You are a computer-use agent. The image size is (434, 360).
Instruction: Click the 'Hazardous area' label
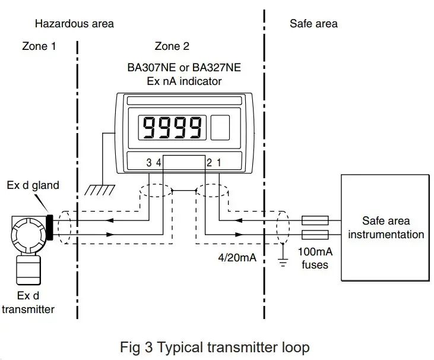[x=74, y=24]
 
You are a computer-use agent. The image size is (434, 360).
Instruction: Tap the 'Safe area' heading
[x=313, y=24]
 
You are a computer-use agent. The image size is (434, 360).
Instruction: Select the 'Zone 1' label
[x=39, y=46]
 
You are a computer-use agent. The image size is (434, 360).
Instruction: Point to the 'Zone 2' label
[x=171, y=46]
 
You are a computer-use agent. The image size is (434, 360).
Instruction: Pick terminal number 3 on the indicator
[x=149, y=162]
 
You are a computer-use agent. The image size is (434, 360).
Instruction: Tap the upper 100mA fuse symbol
[x=316, y=220]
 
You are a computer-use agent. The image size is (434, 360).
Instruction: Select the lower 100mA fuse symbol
[x=316, y=234]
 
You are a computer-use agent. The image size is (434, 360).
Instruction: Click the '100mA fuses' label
[x=315, y=258]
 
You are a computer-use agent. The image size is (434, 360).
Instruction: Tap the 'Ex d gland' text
[x=33, y=185]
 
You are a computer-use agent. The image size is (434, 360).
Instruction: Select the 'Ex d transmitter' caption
[x=28, y=302]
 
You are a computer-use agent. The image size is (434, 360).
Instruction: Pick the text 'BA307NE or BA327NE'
[x=184, y=68]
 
